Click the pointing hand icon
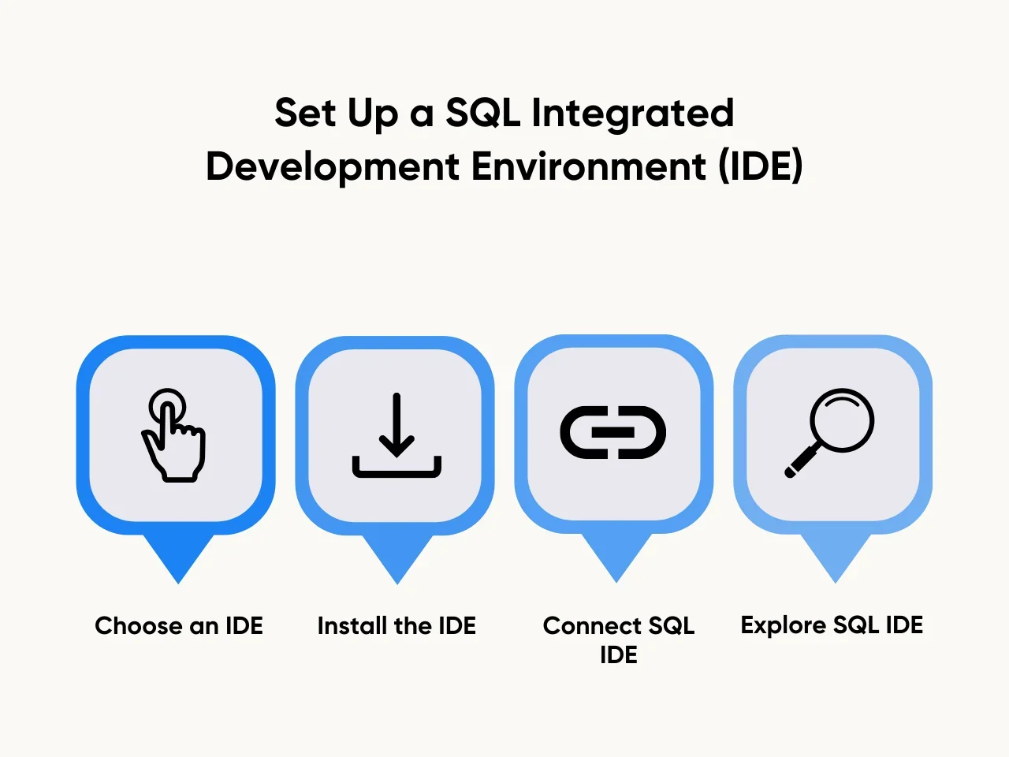tap(173, 434)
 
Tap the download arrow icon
tap(397, 435)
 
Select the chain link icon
tap(612, 432)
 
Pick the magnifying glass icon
tap(829, 433)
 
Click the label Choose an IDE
tap(179, 625)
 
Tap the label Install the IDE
tap(397, 625)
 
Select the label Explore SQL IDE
tap(832, 625)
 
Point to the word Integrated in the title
tap(632, 114)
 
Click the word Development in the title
tap(333, 167)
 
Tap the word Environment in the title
tap(588, 166)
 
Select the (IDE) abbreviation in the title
tap(761, 166)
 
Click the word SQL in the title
tap(482, 113)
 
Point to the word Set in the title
tap(305, 113)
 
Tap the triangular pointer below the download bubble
tap(397, 557)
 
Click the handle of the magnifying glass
tap(802, 461)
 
